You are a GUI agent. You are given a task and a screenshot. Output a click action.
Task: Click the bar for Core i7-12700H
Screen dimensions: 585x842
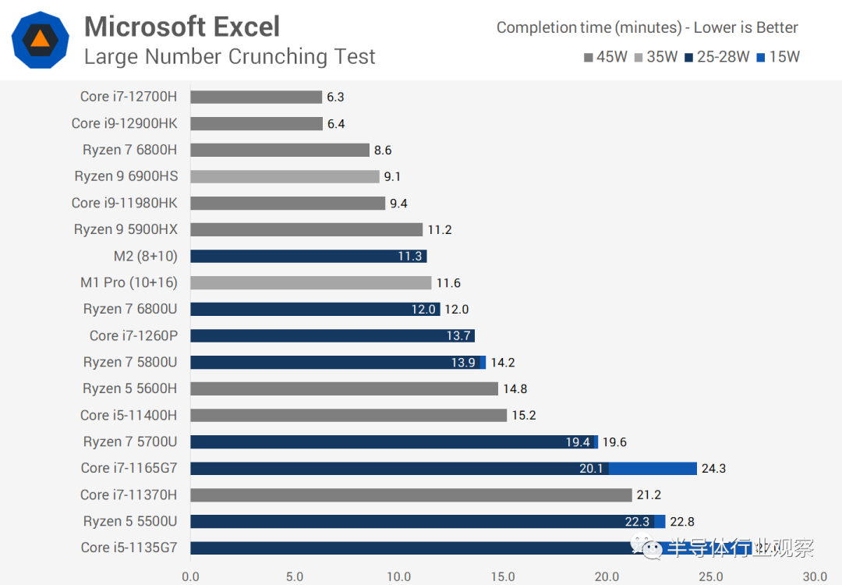[256, 97]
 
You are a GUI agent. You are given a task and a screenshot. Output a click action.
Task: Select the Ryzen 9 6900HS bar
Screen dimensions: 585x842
[285, 176]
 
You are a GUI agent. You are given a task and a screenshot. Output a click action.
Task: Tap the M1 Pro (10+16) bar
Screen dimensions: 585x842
[310, 282]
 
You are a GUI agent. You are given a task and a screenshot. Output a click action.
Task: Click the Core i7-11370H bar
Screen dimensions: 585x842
[411, 495]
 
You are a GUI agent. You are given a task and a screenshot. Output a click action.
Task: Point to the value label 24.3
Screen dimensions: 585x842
[714, 469]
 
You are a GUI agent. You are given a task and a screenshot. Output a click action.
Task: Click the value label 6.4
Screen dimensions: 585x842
[336, 124]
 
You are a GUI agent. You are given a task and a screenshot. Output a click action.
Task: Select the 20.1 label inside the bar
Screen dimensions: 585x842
[590, 469]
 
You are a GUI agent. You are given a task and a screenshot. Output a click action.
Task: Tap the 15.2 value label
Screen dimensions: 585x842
[524, 416]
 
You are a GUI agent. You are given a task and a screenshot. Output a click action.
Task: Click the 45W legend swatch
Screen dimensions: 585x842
[588, 57]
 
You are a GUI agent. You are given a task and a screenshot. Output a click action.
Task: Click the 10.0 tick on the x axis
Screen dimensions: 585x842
[398, 577]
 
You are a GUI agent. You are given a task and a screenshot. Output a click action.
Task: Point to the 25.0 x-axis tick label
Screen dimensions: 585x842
[711, 577]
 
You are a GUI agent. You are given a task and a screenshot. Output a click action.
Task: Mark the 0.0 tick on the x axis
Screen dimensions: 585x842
[190, 577]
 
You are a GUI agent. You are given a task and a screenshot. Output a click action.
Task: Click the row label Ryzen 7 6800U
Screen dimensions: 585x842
[130, 309]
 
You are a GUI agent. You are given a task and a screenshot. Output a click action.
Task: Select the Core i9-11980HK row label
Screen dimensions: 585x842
[124, 203]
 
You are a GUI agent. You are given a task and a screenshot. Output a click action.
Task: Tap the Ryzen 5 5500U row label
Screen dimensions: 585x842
[130, 521]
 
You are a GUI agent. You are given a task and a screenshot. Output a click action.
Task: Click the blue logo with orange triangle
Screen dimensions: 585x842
[41, 41]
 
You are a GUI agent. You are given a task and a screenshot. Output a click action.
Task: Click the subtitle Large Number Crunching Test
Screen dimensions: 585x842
[229, 57]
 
